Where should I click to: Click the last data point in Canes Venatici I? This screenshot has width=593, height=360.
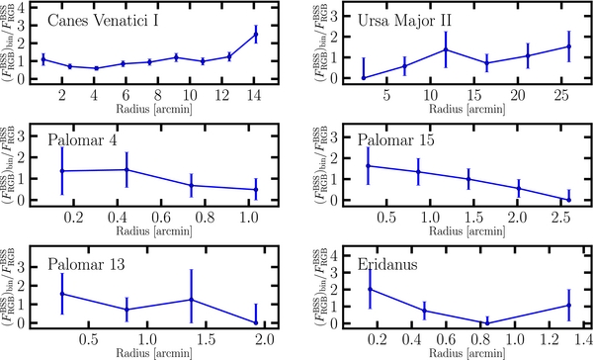[256, 34]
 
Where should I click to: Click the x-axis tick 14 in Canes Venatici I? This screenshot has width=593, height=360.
[256, 94]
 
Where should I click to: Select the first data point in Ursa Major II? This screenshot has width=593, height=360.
[363, 77]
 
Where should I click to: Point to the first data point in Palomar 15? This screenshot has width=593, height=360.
[368, 165]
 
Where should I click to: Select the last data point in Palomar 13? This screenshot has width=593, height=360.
[256, 321]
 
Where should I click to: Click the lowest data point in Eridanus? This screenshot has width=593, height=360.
[487, 322]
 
